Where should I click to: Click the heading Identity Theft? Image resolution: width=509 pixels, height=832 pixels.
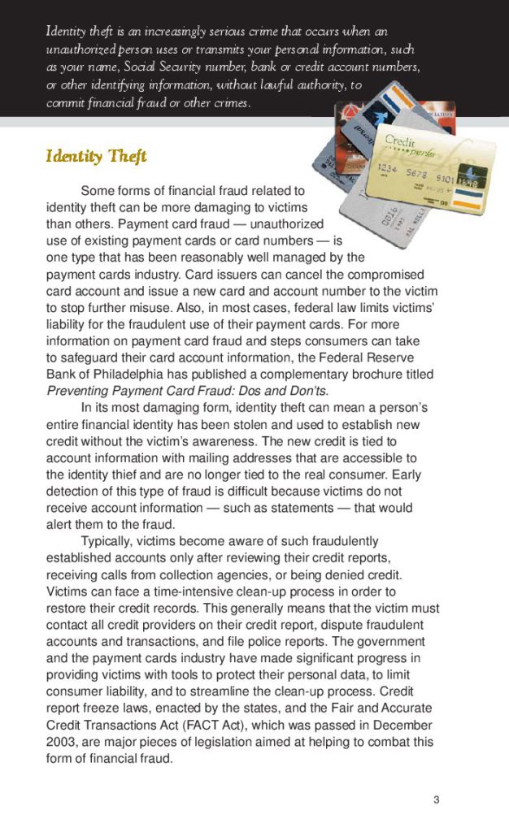click(x=96, y=155)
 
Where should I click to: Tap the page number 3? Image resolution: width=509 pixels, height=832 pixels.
click(x=437, y=800)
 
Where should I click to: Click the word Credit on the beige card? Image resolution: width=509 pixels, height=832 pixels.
click(x=399, y=140)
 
